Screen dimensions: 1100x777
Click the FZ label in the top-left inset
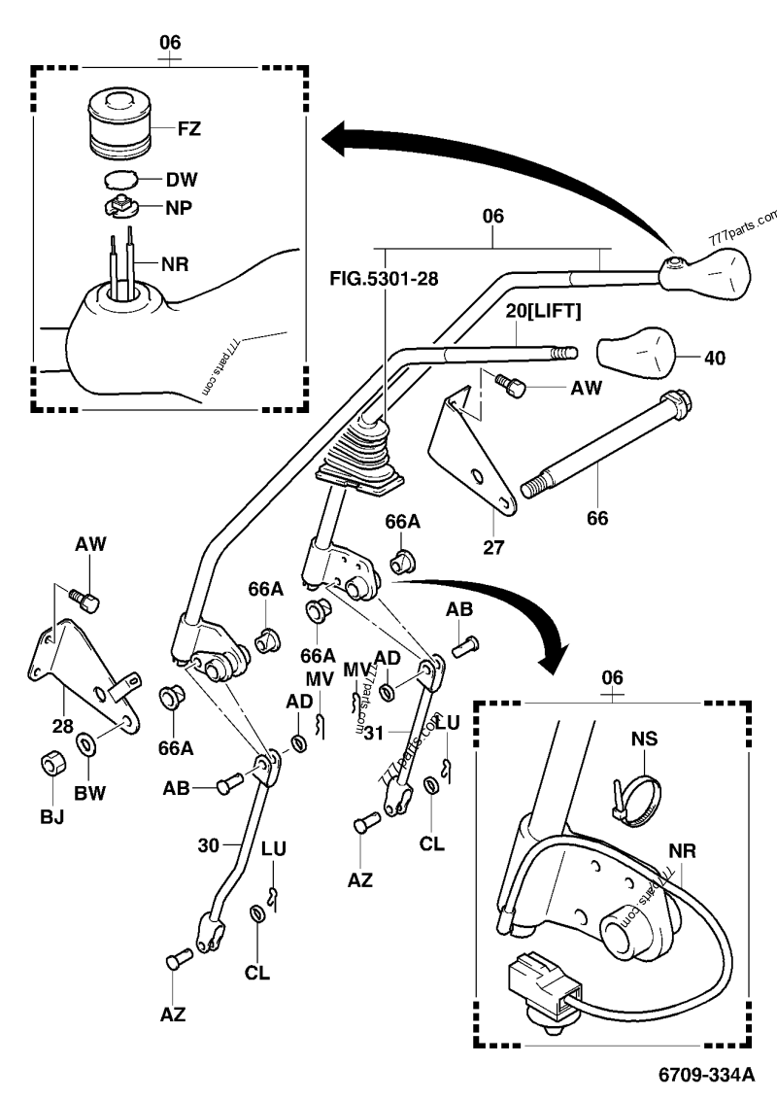coord(190,127)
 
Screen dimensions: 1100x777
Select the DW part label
coord(181,179)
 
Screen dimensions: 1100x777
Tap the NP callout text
coord(179,207)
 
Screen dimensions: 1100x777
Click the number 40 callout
coord(714,358)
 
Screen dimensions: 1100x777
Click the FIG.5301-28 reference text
coord(385,279)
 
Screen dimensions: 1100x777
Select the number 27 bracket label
coord(493,546)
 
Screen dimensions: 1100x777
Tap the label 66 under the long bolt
coord(596,518)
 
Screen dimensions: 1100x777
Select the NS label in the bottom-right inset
coord(643,739)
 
